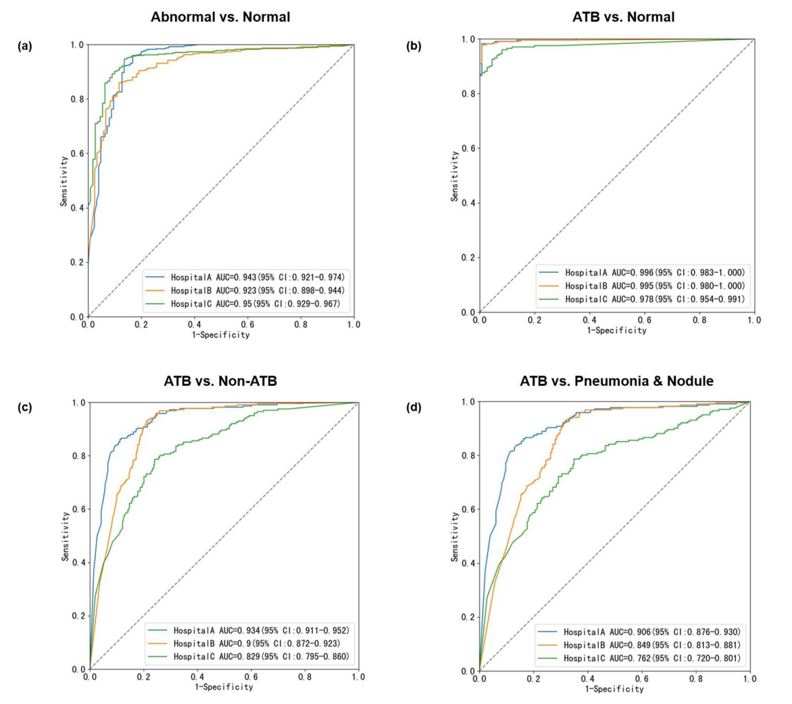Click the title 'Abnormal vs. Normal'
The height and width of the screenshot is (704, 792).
[220, 18]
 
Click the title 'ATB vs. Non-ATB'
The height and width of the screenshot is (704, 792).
[220, 381]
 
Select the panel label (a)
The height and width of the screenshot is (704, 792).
[20, 46]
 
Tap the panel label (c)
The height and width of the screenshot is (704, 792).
[20, 407]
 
